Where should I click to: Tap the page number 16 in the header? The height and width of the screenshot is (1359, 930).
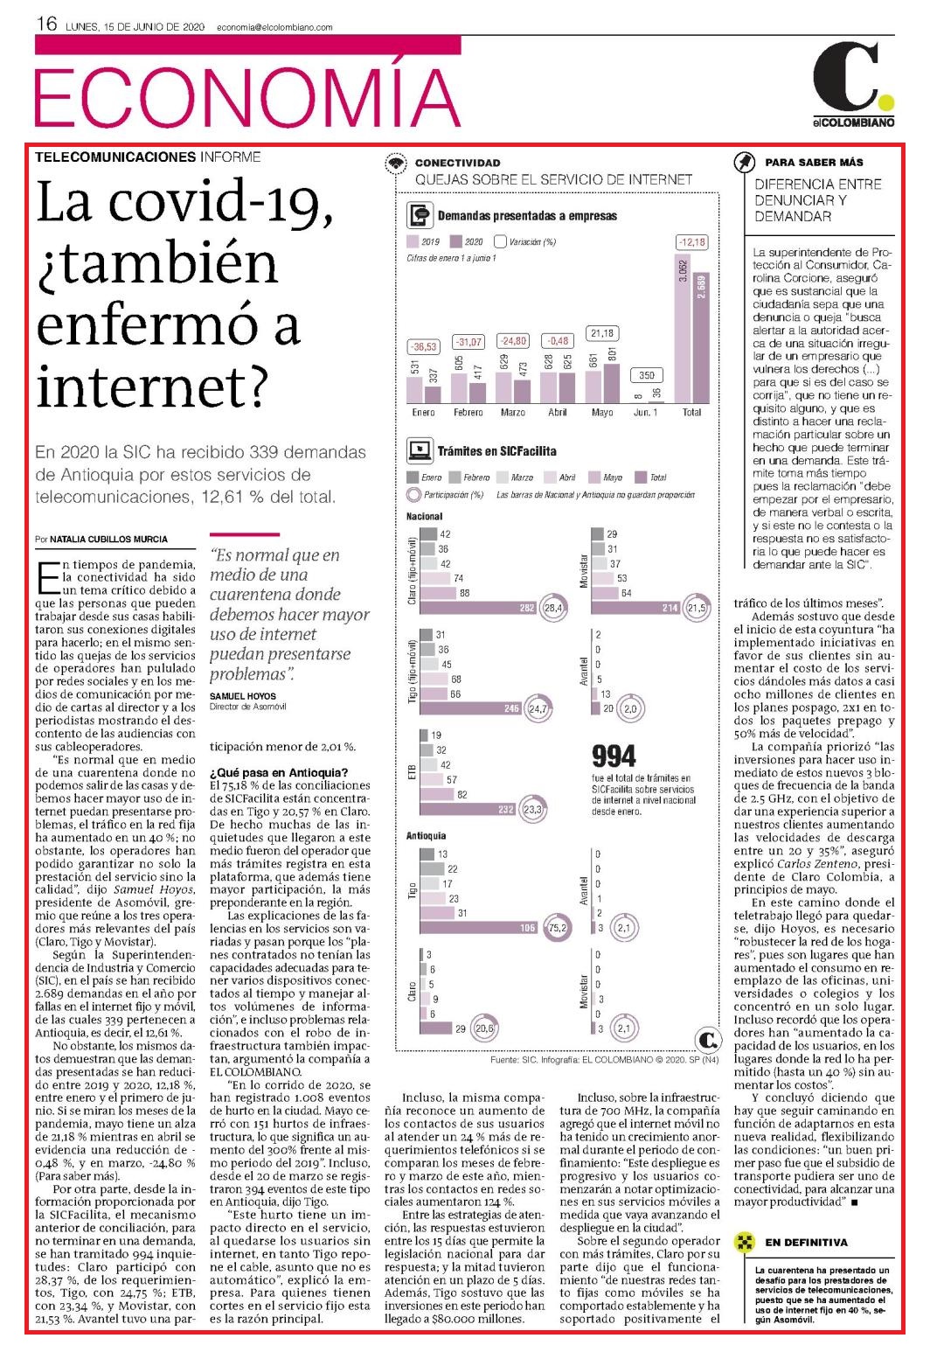[x=46, y=24]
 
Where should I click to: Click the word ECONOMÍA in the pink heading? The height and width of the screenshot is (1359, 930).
[x=247, y=98]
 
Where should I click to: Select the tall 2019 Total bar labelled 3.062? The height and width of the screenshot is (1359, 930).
[x=683, y=328]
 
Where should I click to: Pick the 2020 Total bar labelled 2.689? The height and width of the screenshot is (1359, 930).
[x=700, y=338]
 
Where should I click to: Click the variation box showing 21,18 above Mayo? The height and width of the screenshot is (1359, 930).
[x=602, y=333]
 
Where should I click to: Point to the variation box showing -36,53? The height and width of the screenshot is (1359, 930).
[x=423, y=347]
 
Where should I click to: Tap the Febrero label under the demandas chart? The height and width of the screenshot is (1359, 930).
[x=468, y=413]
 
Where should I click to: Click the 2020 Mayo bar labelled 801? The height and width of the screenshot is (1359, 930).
[x=611, y=383]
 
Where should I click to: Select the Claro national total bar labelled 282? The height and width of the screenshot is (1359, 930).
[x=479, y=608]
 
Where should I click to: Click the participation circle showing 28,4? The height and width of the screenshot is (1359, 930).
[x=553, y=608]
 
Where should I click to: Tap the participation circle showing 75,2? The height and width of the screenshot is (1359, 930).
[x=557, y=928]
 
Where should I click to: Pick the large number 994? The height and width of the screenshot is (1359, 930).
[x=614, y=756]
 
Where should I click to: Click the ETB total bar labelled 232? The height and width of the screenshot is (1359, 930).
[x=468, y=809]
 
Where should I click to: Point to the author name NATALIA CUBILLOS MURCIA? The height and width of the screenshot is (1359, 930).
[x=108, y=539]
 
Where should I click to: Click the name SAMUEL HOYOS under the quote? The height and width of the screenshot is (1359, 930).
[x=242, y=696]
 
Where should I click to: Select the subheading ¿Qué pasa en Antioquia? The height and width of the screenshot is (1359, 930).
[x=279, y=772]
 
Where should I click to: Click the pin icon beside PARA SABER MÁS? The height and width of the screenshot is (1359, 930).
[x=744, y=162]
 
